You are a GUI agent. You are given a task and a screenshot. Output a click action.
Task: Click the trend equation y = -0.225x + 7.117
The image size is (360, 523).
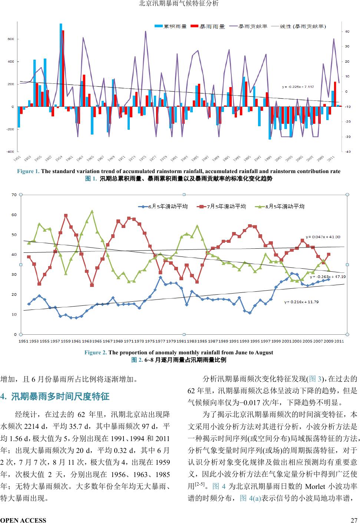(x=298, y=87)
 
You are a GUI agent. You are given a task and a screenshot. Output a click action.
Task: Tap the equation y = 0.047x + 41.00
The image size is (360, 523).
(x=323, y=236)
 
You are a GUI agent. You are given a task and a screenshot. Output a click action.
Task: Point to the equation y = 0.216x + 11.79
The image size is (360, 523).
(x=301, y=302)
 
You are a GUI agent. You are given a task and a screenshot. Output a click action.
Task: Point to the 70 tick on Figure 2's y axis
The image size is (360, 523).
(x=14, y=195)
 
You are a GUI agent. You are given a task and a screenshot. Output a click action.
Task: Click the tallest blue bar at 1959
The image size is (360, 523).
(x=61, y=67)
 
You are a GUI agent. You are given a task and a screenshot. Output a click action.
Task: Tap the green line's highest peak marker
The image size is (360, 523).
(x=92, y=212)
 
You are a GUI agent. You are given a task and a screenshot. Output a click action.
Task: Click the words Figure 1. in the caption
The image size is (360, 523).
(x=28, y=171)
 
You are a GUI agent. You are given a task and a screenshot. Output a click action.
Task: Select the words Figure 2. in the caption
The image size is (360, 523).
(x=96, y=352)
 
